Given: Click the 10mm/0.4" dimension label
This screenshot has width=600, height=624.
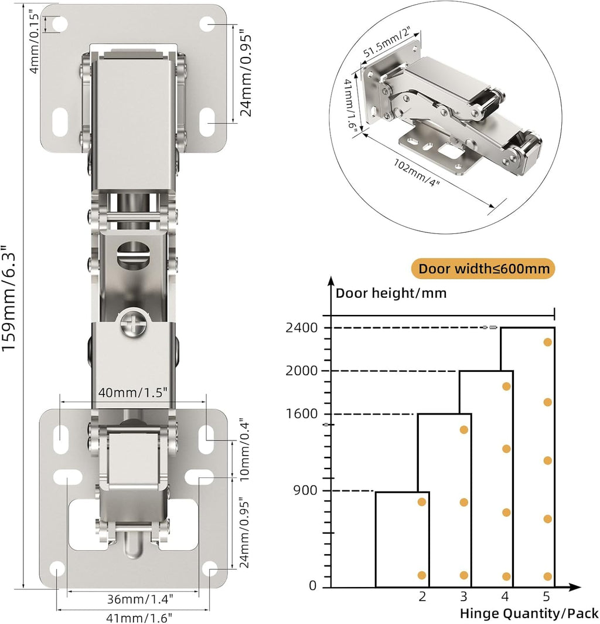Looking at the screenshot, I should pyautogui.click(x=245, y=449).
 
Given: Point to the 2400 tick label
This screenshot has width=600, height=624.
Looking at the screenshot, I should pyautogui.click(x=301, y=328).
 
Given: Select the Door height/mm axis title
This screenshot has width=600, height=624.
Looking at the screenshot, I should pyautogui.click(x=391, y=293).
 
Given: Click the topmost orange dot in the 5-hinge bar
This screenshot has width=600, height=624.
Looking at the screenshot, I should pyautogui.click(x=547, y=342).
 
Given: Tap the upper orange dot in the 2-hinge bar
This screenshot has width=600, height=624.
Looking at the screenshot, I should pyautogui.click(x=421, y=502).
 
